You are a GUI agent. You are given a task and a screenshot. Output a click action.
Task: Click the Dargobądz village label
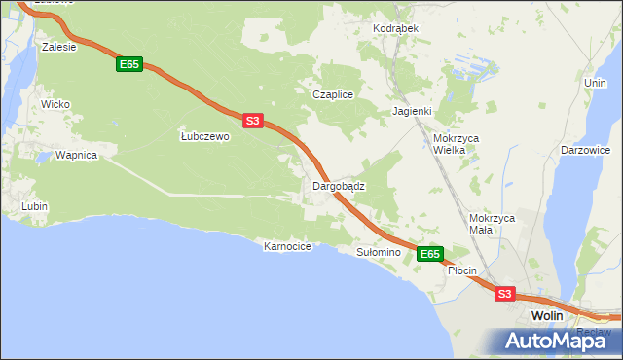(x=338, y=185)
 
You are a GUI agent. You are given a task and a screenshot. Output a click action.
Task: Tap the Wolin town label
(x=548, y=316)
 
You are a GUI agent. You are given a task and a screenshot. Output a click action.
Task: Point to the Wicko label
(x=54, y=103)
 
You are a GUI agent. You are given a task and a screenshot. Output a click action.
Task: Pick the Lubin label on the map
(x=35, y=206)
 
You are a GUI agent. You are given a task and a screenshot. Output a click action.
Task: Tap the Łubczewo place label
(x=204, y=137)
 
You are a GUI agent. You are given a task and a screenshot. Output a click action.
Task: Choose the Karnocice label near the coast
(x=287, y=247)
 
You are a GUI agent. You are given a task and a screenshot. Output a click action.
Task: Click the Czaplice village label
(x=331, y=94)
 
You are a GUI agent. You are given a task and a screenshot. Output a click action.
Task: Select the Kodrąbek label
(x=395, y=28)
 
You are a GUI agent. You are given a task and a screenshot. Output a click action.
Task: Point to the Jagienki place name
(x=412, y=111)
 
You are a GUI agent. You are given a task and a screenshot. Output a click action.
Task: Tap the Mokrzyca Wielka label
(x=456, y=144)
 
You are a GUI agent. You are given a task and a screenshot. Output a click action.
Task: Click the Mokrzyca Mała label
(x=491, y=224)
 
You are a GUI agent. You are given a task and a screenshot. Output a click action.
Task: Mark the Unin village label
(x=595, y=84)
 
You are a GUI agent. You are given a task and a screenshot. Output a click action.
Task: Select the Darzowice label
(x=585, y=151)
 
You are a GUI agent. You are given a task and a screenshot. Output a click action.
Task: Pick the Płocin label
(x=461, y=270)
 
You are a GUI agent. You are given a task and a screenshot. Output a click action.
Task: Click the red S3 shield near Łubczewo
(x=252, y=121)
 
